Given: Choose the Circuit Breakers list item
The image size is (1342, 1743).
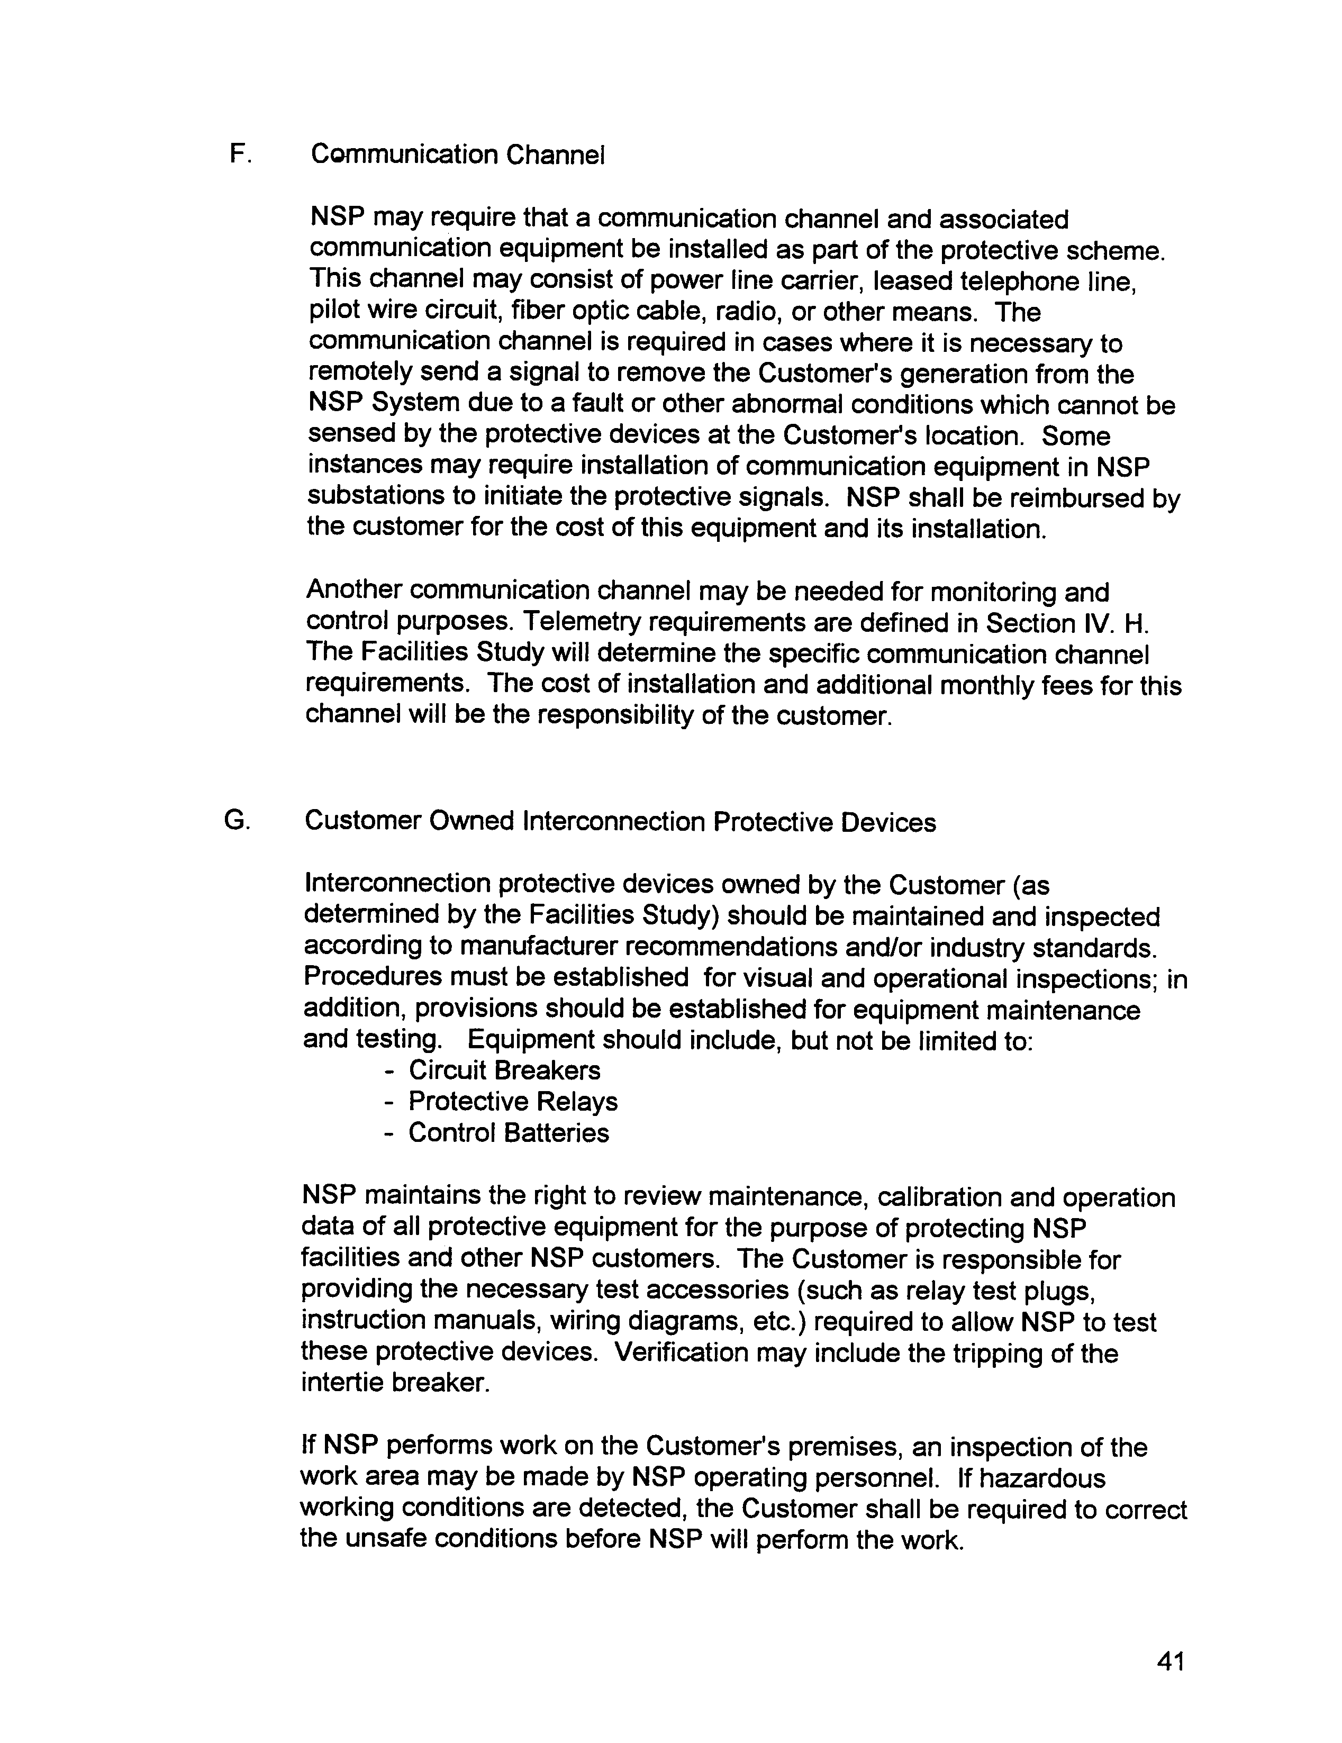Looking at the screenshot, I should click(504, 1070).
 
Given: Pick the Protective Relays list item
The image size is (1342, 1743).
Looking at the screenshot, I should click(513, 1101).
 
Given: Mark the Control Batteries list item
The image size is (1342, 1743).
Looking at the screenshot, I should click(509, 1132).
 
